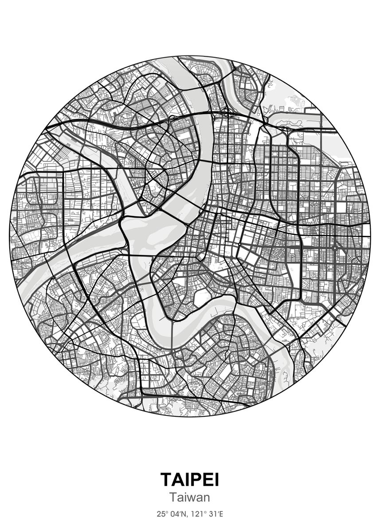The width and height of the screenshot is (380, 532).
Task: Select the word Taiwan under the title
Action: coord(190,498)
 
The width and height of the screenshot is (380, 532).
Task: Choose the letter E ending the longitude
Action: coord(221,514)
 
